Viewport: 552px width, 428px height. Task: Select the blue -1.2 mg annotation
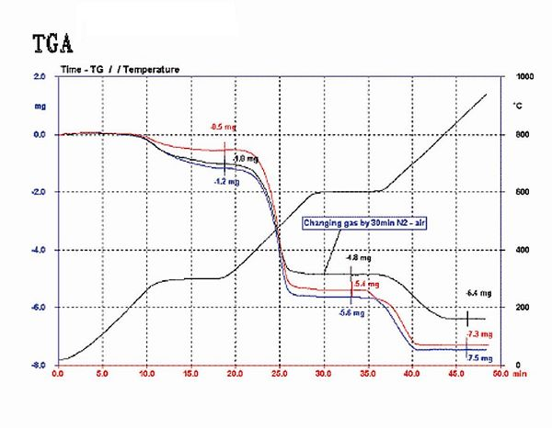tap(224, 182)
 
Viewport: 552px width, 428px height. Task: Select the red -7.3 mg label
tap(479, 334)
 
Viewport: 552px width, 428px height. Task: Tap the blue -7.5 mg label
tap(479, 357)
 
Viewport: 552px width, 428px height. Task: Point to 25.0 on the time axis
tap(279, 374)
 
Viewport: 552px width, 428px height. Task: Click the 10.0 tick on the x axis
tap(146, 374)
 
